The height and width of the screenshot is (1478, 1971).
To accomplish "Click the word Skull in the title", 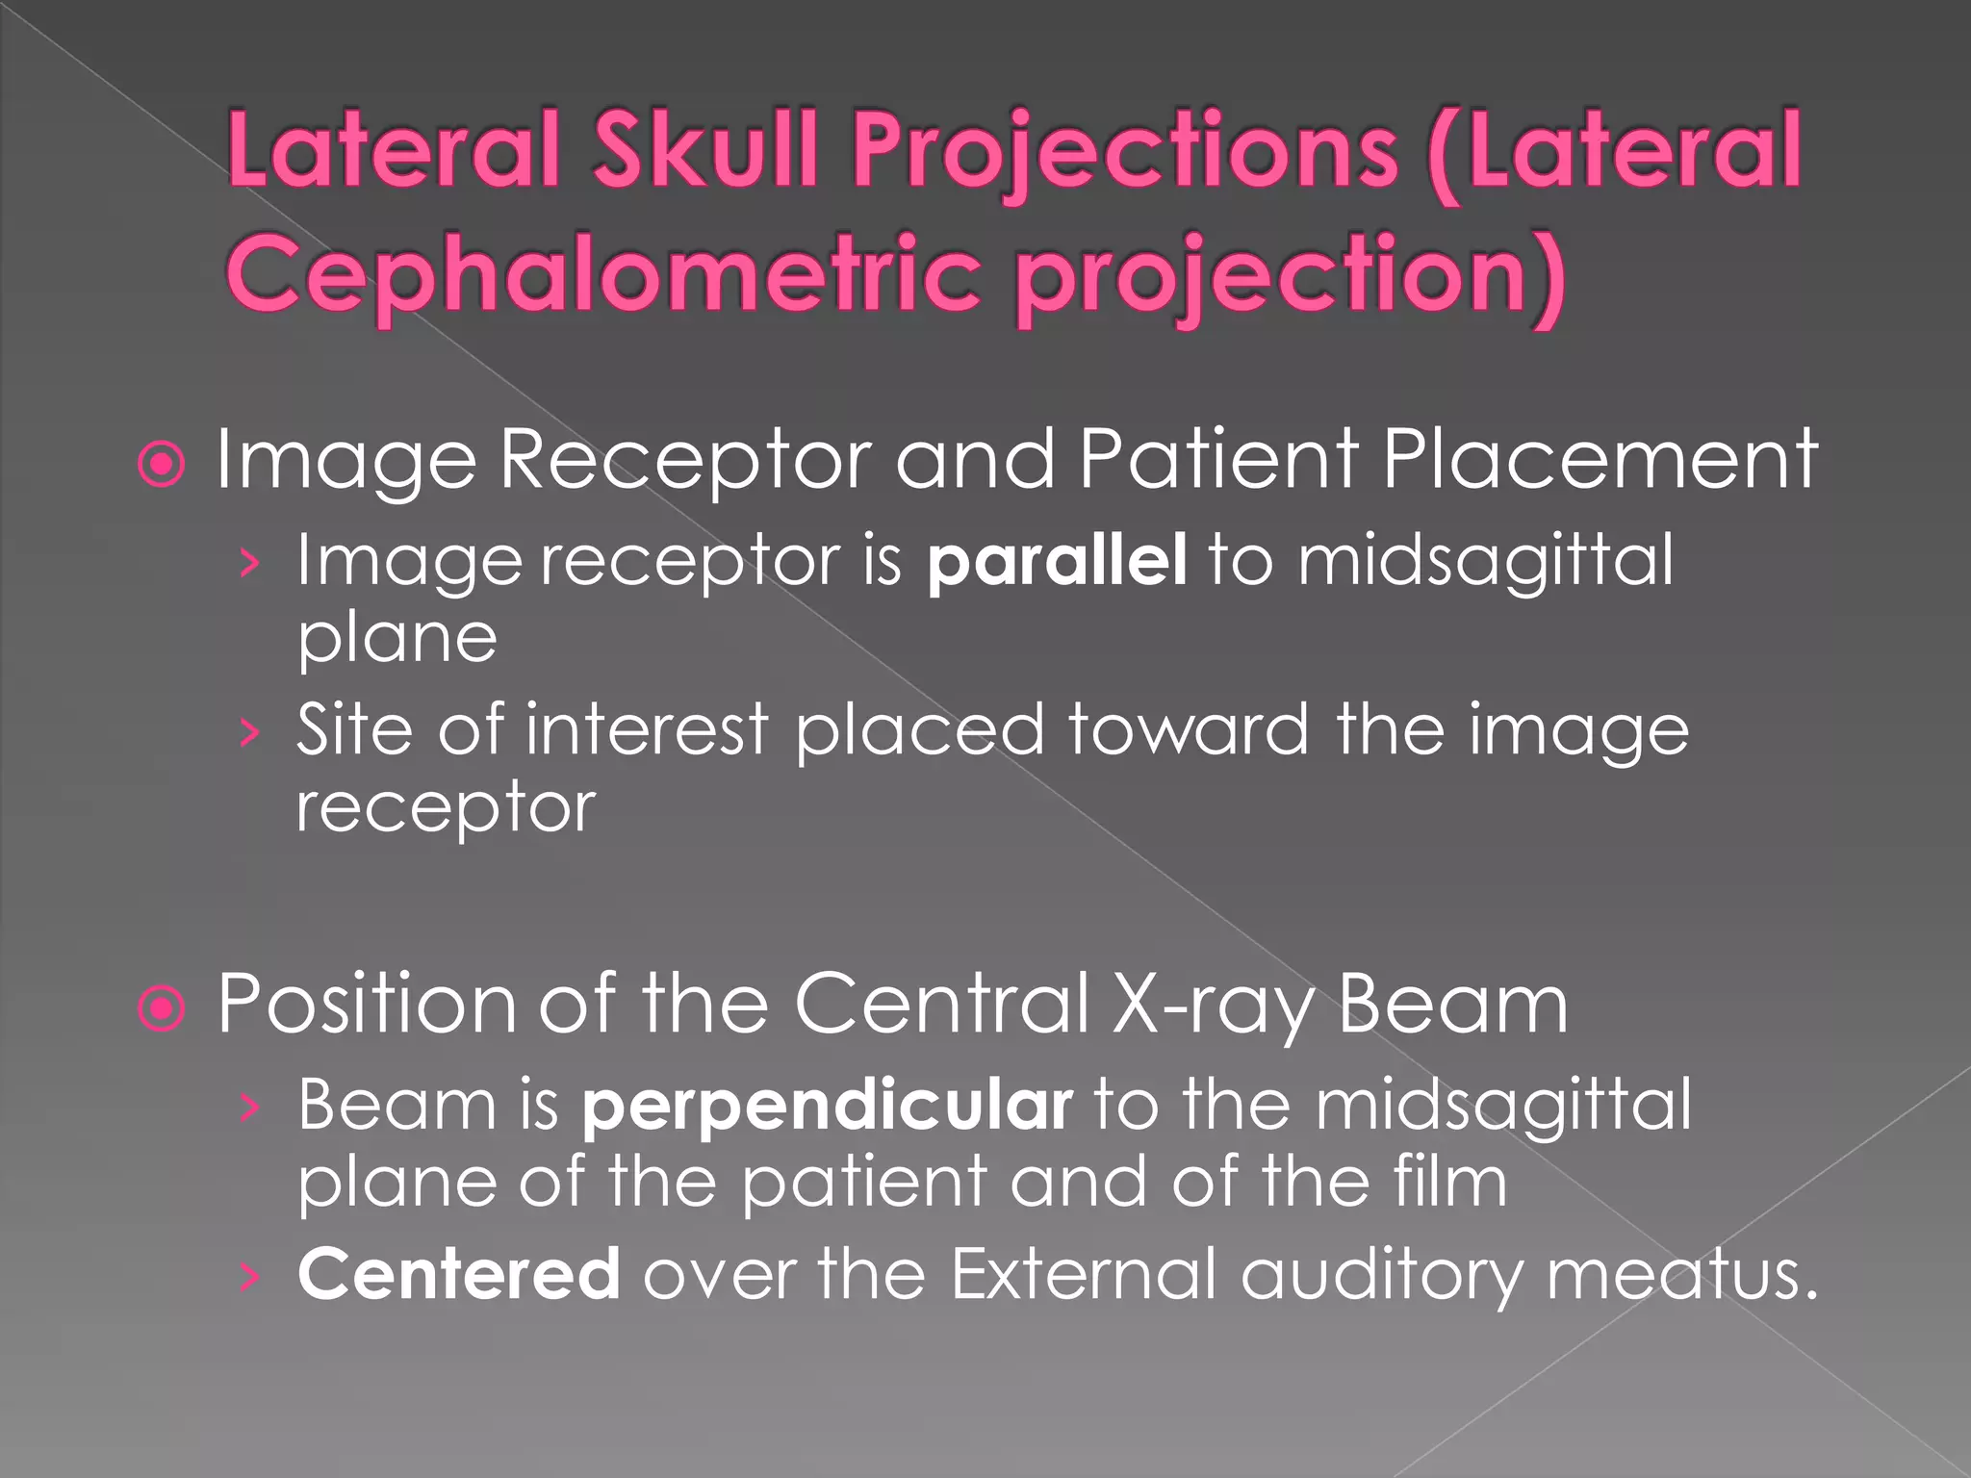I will pos(705,150).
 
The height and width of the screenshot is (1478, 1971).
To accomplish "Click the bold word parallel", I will pos(1056,560).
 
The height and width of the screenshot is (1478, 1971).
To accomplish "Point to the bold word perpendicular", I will pos(827,1106).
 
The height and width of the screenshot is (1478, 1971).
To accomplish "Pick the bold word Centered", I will pos(459,1274).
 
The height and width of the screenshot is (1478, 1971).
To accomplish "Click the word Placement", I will pos(1599,460).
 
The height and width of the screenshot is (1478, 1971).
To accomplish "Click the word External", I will pos(1084,1274).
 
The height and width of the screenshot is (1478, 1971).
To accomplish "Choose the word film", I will pos(1451,1182).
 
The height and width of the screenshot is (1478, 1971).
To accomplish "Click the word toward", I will pos(1189,729).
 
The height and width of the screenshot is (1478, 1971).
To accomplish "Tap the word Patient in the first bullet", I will pos(1218,460).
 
